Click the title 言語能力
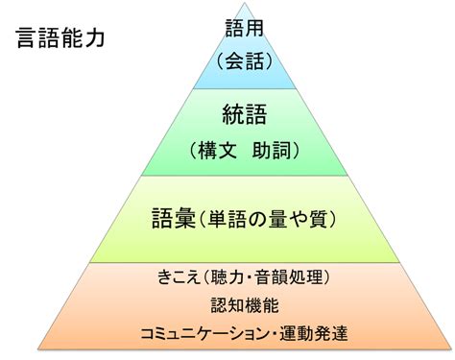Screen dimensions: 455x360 (60, 37)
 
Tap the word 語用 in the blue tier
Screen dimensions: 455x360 (245, 28)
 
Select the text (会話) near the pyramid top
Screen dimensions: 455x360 (245, 60)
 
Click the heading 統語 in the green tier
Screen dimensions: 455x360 (245, 114)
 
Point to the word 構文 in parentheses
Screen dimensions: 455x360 (217, 150)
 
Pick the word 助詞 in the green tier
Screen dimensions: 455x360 (272, 150)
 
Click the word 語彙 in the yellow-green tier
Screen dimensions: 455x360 (174, 218)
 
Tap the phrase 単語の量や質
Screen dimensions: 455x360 (268, 219)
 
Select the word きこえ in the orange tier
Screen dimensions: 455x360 (179, 277)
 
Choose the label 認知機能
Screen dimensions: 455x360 (245, 305)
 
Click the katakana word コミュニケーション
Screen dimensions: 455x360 (204, 333)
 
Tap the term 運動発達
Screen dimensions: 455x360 (314, 333)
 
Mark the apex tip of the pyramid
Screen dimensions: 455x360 (245, 3)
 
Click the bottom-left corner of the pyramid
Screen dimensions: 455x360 (38, 349)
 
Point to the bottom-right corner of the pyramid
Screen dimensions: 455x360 (451, 349)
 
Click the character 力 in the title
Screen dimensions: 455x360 (94, 37)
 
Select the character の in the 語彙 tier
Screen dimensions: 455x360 (258, 220)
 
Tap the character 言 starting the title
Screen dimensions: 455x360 (26, 37)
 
